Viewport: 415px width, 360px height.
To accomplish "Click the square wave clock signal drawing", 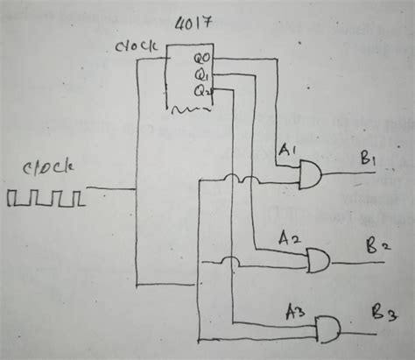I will coord(46,199).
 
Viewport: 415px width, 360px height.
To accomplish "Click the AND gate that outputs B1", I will coord(311,179).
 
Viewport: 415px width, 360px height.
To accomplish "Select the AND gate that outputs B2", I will coord(318,259).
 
